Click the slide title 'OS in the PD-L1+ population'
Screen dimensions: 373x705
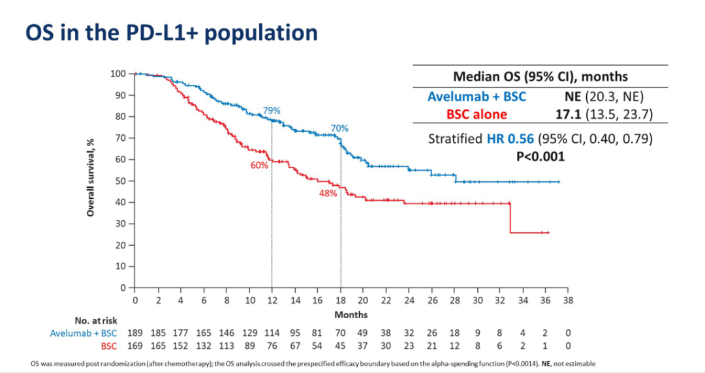171,33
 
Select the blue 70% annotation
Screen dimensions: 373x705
339,128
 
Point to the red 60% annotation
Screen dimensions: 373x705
259,166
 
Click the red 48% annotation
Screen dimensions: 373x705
328,193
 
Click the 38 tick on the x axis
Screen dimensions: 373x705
568,300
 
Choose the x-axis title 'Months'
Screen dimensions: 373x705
351,314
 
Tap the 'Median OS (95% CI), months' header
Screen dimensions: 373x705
540,77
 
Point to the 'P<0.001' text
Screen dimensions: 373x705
540,157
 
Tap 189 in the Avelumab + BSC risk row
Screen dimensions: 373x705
135,333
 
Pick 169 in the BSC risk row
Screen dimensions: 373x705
135,345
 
